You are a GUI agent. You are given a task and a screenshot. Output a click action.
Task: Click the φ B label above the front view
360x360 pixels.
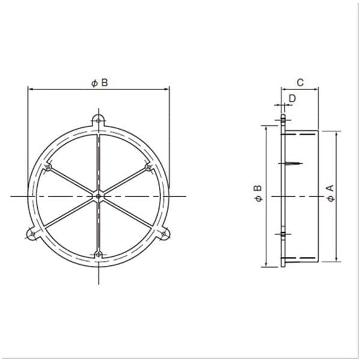(100, 83)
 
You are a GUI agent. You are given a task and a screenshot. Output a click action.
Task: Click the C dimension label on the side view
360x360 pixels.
(301, 82)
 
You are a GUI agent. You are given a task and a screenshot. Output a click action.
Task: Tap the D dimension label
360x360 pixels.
(292, 98)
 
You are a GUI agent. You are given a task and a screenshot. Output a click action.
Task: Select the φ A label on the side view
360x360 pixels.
(331, 193)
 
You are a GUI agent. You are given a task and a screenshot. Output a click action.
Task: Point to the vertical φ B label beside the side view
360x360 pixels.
(258, 193)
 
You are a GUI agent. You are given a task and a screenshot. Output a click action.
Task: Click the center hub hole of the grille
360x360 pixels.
(98, 196)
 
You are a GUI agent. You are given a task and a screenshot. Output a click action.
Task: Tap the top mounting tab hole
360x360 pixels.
(98, 121)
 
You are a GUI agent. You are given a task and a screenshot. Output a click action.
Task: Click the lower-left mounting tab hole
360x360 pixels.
(32, 234)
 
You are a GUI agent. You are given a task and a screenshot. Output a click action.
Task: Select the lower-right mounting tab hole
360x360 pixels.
(164, 234)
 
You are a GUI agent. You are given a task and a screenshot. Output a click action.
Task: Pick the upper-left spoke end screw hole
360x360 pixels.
(48, 167)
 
